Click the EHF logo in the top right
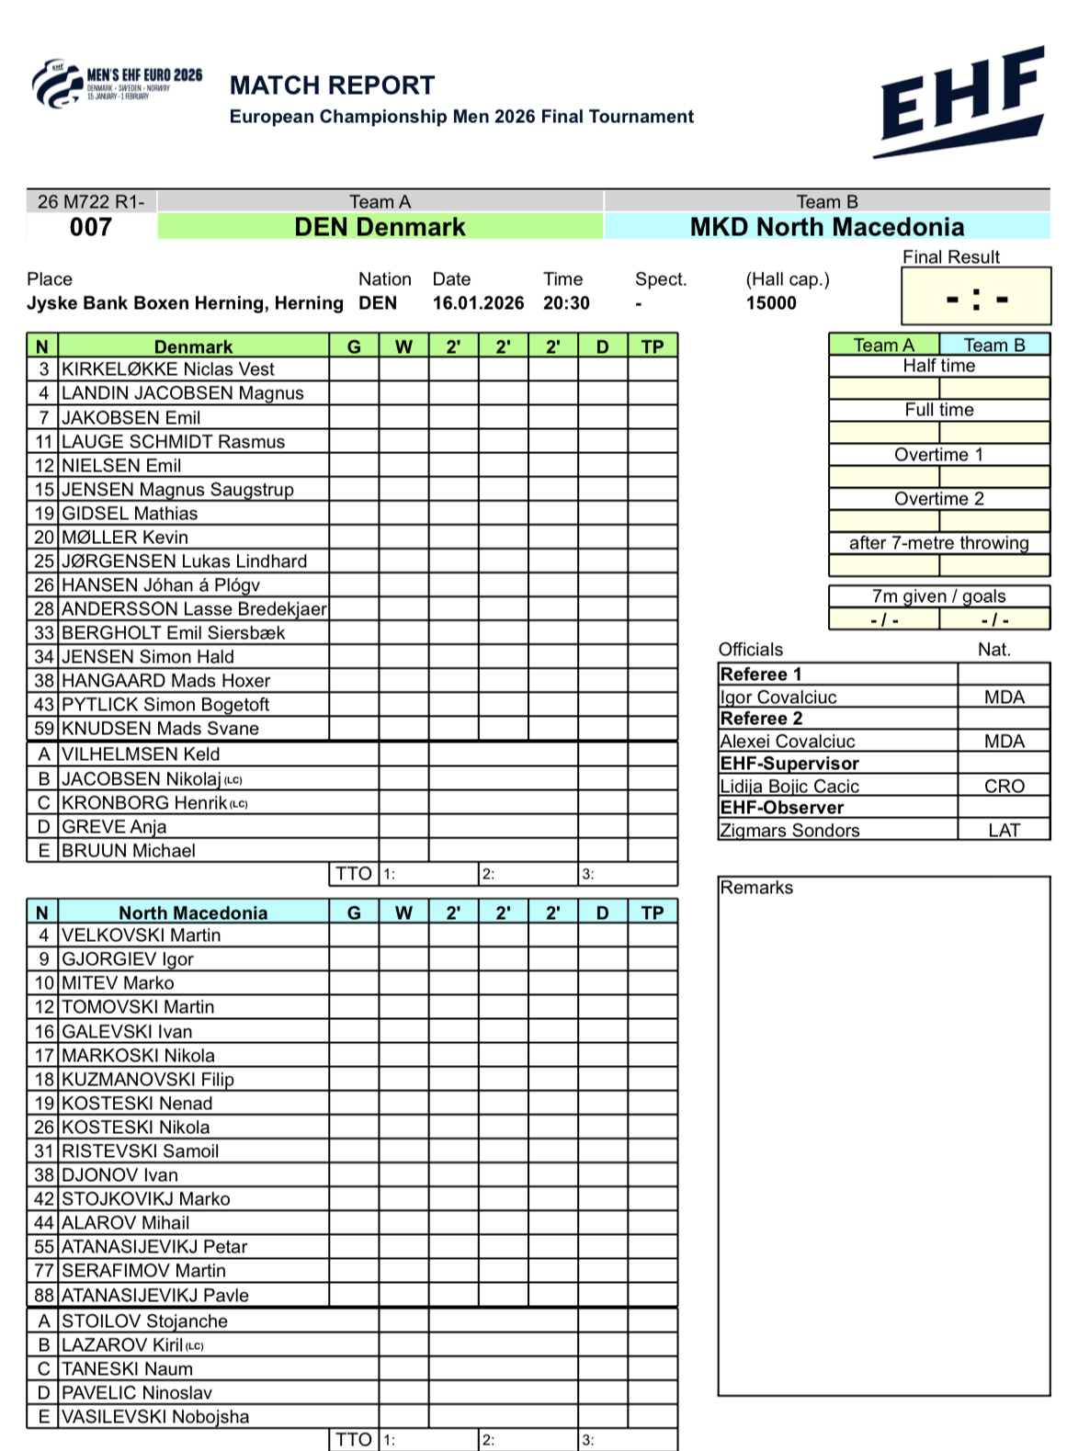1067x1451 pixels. pyautogui.click(x=961, y=102)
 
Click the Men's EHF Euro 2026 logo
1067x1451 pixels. pyautogui.click(x=117, y=85)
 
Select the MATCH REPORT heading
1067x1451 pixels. pyautogui.click(x=332, y=85)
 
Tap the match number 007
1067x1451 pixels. pyautogui.click(x=91, y=227)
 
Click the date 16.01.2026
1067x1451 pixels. pyautogui.click(x=478, y=303)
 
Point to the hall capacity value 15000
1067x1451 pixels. pyautogui.click(x=770, y=303)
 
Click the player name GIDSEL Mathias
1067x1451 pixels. pyautogui.click(x=130, y=514)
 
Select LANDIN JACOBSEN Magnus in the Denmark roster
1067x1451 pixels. pyautogui.click(x=182, y=393)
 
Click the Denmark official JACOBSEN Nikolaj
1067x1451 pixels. pyautogui.click(x=142, y=779)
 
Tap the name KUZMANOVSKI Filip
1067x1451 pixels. pyautogui.click(x=147, y=1080)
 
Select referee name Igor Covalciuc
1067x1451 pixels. pyautogui.click(x=778, y=697)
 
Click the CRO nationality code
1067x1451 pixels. pyautogui.click(x=1004, y=787)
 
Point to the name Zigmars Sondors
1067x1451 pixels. pyautogui.click(x=789, y=831)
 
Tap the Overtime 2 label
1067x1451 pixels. pyautogui.click(x=938, y=499)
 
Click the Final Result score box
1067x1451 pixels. pyautogui.click(x=975, y=297)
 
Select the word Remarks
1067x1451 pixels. pyautogui.click(x=756, y=888)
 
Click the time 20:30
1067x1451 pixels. pyautogui.click(x=566, y=303)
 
